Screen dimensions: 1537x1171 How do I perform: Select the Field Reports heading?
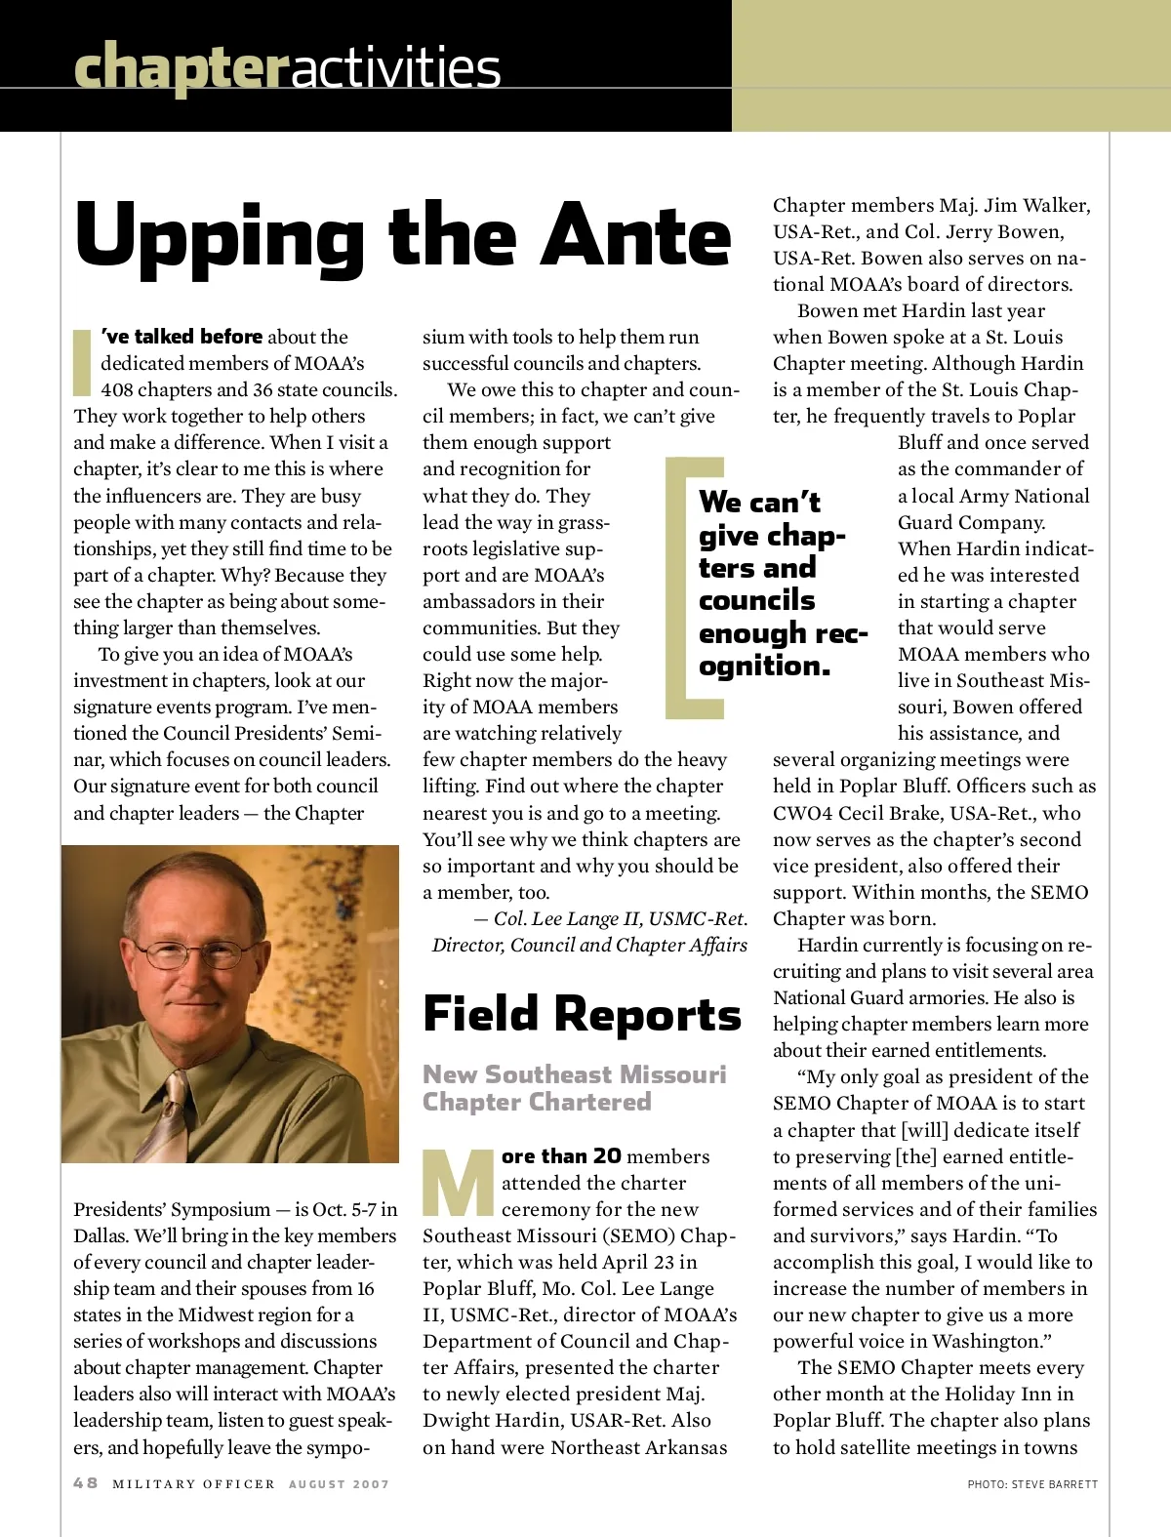click(x=582, y=1014)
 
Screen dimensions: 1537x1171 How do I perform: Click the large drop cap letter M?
click(x=460, y=1183)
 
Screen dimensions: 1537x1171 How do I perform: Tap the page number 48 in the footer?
click(x=86, y=1482)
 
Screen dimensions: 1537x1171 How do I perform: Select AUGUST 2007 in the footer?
click(x=339, y=1483)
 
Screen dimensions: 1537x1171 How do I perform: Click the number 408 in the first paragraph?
click(x=120, y=389)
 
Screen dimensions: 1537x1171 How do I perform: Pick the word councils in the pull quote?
click(x=756, y=600)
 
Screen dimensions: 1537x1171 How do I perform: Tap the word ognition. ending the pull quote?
click(x=764, y=666)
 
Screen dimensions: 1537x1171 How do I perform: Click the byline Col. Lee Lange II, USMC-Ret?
click(x=620, y=918)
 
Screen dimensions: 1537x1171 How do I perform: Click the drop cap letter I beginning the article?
click(x=83, y=361)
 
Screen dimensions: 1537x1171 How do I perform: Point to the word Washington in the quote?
click(x=988, y=1341)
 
